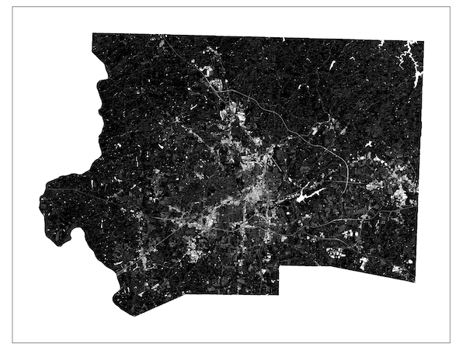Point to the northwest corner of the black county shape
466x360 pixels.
92,34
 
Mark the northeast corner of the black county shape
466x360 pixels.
423,41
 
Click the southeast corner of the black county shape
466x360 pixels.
415,282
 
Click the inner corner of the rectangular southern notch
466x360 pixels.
280,266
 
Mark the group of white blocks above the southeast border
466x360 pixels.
338,252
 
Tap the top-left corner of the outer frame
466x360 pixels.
13,7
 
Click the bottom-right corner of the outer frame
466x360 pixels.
450,342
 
